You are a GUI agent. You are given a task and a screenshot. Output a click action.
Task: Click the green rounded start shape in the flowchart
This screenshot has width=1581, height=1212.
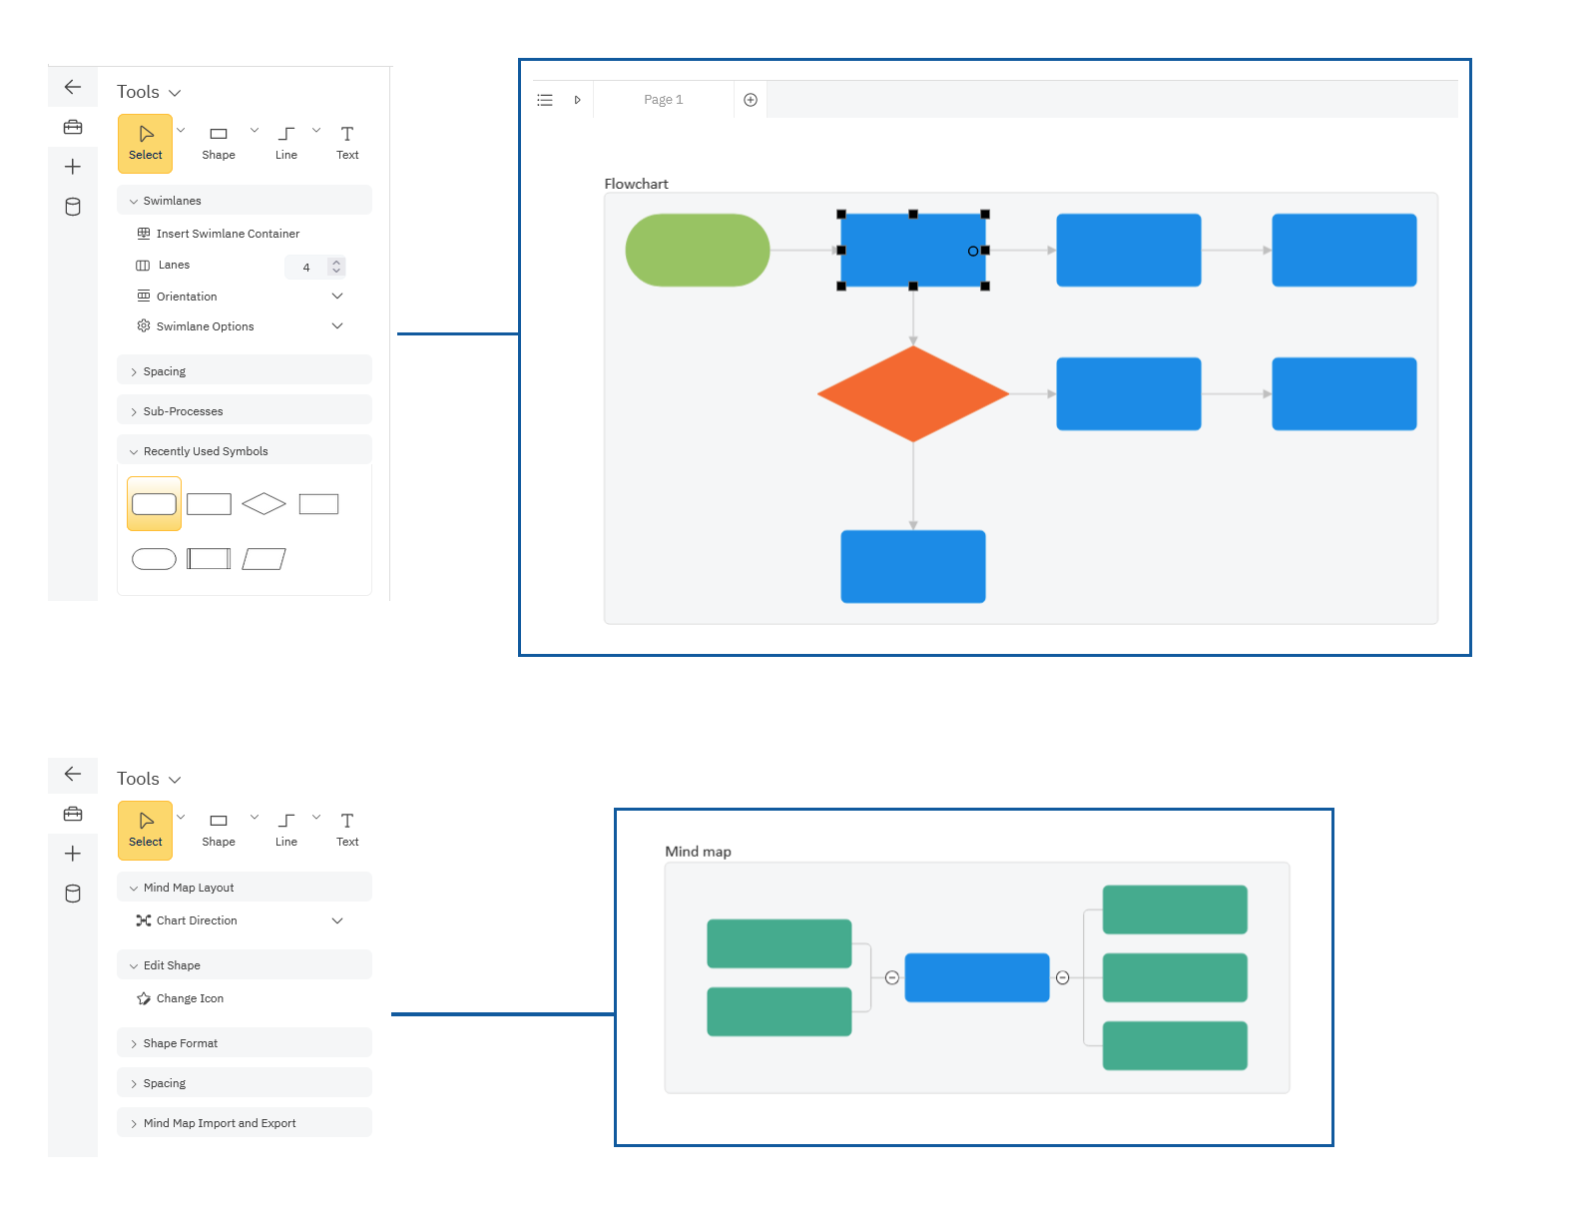pyautogui.click(x=697, y=250)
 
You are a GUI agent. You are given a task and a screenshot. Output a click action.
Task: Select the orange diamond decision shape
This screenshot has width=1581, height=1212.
pyautogui.click(x=912, y=394)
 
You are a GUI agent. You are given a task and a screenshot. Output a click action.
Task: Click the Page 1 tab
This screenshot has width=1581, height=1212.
pyautogui.click(x=663, y=100)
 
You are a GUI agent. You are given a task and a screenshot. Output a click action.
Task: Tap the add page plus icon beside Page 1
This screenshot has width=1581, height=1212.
pyautogui.click(x=751, y=100)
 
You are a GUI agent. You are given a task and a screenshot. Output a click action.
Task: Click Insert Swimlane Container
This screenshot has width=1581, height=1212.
pyautogui.click(x=228, y=234)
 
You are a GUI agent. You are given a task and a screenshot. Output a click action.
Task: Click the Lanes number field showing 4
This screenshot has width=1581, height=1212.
pyautogui.click(x=306, y=267)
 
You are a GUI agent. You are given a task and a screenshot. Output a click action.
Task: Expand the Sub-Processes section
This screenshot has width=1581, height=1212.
pyautogui.click(x=183, y=411)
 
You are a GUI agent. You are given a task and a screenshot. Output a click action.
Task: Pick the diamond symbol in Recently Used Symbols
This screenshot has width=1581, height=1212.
pyautogui.click(x=263, y=504)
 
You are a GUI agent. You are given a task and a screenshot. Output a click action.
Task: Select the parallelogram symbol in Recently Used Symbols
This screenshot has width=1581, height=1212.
pyautogui.click(x=263, y=559)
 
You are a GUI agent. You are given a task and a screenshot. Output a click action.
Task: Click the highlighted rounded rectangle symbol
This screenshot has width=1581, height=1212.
pyautogui.click(x=154, y=504)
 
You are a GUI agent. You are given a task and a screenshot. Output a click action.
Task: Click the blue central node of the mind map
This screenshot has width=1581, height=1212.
pyautogui.click(x=976, y=977)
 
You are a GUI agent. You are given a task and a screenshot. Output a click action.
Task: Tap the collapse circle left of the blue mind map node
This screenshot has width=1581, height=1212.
pyautogui.click(x=892, y=977)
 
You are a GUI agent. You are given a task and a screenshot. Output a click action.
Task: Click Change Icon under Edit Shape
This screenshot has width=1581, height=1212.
pyautogui.click(x=190, y=998)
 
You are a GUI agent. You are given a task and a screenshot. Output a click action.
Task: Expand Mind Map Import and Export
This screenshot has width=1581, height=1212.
pyautogui.click(x=220, y=1123)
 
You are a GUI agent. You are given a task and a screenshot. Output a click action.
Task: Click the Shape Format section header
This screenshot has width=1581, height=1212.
pyautogui.click(x=180, y=1043)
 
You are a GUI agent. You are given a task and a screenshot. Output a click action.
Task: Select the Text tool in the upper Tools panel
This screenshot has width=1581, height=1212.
pyautogui.click(x=347, y=142)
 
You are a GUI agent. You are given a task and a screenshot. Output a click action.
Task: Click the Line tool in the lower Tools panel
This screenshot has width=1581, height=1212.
pyautogui.click(x=286, y=829)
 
